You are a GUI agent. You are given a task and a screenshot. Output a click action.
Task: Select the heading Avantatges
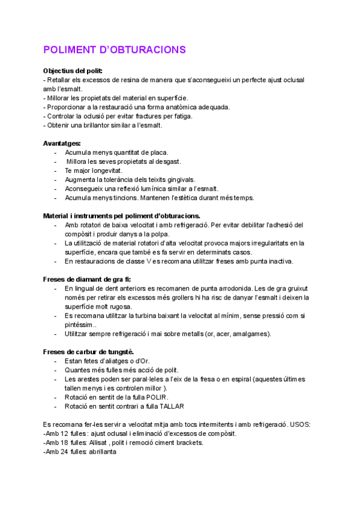[x=62, y=143]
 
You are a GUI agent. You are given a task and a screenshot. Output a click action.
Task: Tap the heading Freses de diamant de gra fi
[x=87, y=279]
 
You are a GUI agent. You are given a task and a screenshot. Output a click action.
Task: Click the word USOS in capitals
[x=297, y=424]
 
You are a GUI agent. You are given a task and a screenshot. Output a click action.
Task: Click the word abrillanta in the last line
[x=103, y=451]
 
